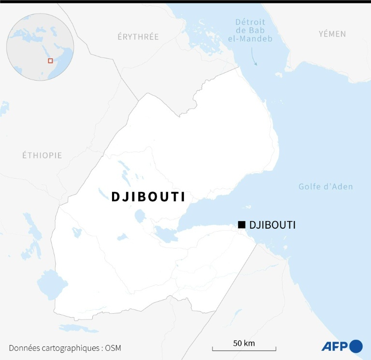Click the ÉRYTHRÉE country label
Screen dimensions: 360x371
[138, 37]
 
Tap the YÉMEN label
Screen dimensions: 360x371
[332, 34]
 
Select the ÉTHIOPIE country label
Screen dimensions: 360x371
[42, 155]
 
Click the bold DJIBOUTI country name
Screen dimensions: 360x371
[148, 196]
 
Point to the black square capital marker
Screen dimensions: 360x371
[242, 224]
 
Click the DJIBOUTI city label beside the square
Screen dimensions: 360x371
[272, 225]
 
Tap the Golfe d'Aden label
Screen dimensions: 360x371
[325, 187]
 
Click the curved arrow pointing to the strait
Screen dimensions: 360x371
[254, 59]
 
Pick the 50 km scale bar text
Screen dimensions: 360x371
[243, 344]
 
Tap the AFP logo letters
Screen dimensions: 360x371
[335, 346]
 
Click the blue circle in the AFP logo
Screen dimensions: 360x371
[356, 346]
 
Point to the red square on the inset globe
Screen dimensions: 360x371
[50, 61]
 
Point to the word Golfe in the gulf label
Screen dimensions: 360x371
[309, 187]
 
